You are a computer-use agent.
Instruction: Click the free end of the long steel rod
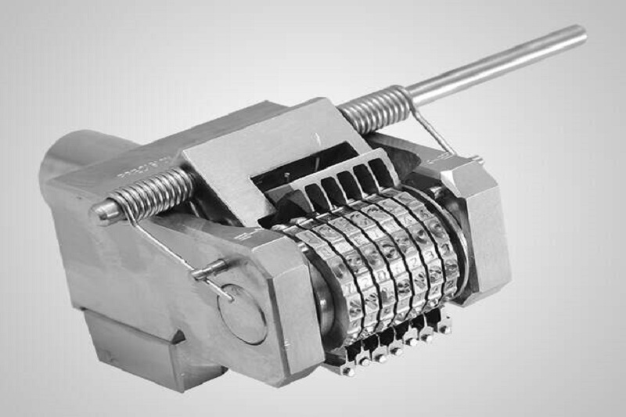click(579, 33)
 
